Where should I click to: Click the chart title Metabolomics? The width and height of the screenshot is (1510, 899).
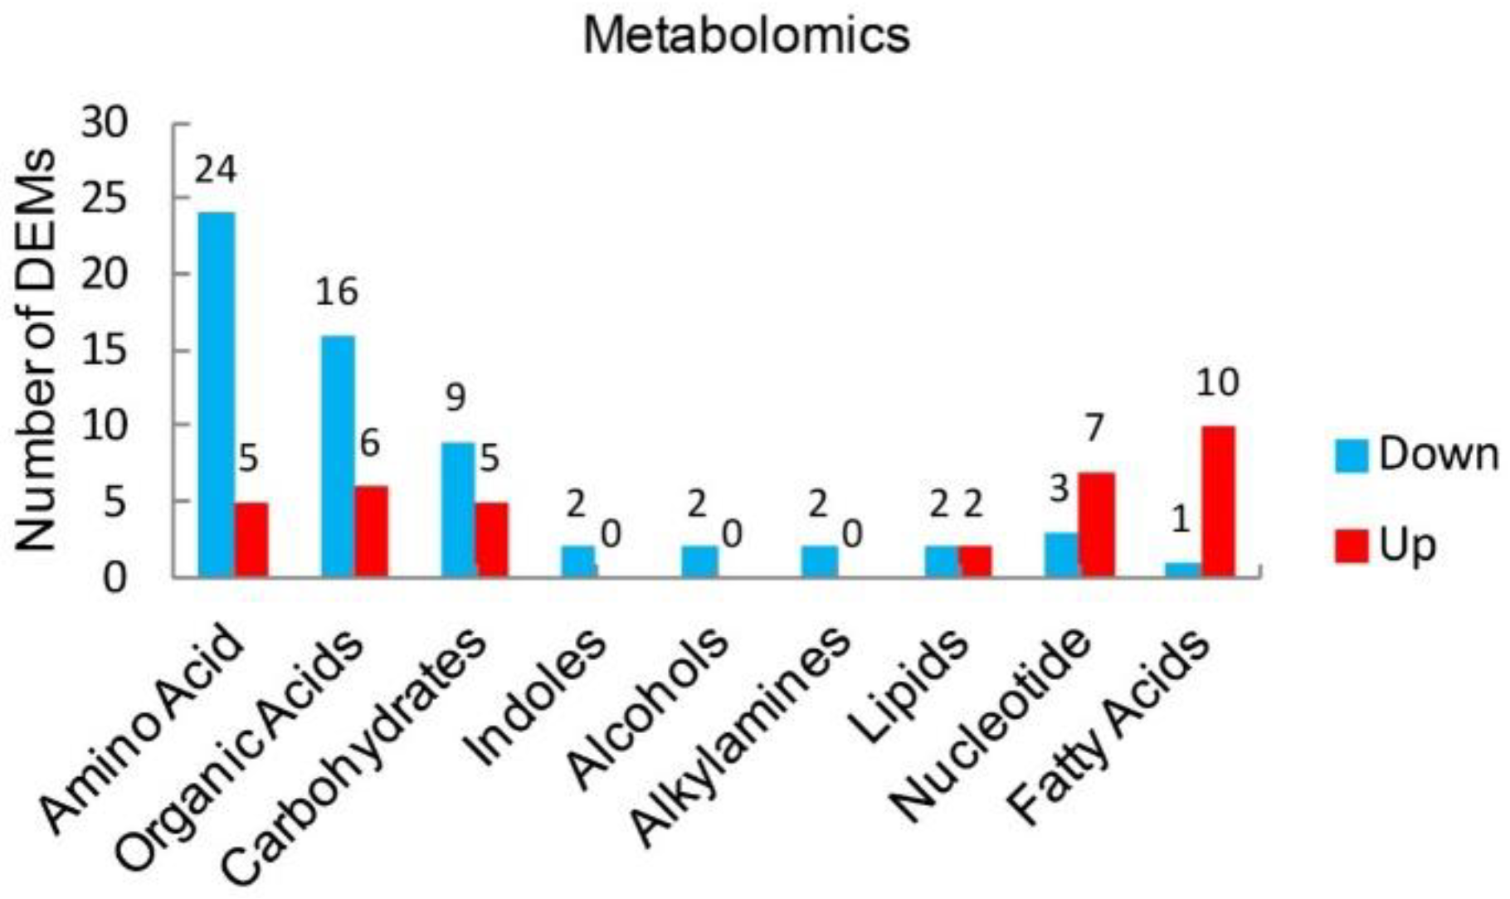click(746, 36)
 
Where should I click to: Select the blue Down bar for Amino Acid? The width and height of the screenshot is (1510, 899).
click(216, 394)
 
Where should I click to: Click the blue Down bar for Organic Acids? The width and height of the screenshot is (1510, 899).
click(338, 455)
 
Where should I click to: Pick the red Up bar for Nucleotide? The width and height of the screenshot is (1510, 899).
click(1096, 524)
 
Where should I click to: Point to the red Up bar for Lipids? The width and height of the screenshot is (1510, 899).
click(976, 561)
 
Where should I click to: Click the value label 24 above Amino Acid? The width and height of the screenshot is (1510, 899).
click(216, 170)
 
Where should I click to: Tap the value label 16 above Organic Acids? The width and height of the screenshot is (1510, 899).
click(337, 292)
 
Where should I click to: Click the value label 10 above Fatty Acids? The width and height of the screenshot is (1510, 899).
click(1217, 382)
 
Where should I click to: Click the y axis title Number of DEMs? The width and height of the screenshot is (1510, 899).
click(36, 350)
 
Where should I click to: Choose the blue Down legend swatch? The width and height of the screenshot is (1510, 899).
click(1352, 456)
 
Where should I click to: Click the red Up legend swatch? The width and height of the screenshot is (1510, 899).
click(1352, 546)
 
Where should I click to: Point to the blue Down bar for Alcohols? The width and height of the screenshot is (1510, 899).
click(699, 561)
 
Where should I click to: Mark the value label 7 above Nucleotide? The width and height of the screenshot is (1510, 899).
click(1094, 428)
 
